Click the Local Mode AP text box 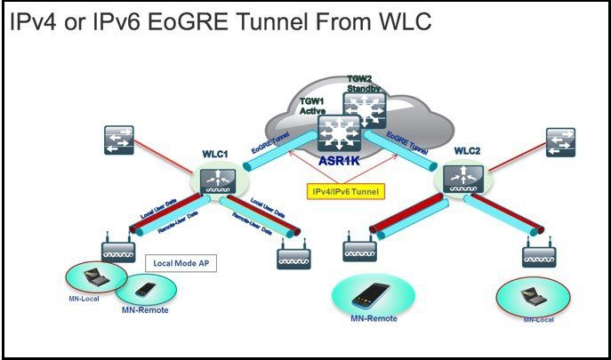(x=181, y=263)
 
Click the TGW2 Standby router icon (x=363, y=108)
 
